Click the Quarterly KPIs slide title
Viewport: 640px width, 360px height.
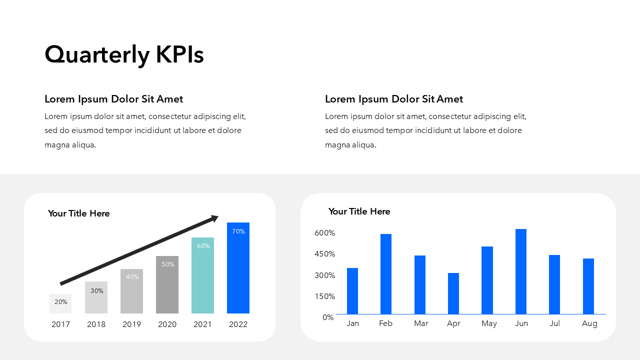pyautogui.click(x=124, y=54)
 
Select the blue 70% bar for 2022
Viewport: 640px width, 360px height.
pyautogui.click(x=238, y=270)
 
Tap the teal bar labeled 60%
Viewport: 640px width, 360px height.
pyautogui.click(x=202, y=277)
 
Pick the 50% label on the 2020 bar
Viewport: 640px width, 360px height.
pyautogui.click(x=168, y=264)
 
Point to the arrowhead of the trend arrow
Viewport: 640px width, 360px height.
pyautogui.click(x=215, y=218)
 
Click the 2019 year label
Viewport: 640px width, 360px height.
pyautogui.click(x=132, y=324)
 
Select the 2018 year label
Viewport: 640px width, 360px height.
pyautogui.click(x=96, y=324)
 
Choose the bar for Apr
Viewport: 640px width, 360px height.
pyautogui.click(x=453, y=293)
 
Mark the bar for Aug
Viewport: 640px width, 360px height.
pyautogui.click(x=588, y=286)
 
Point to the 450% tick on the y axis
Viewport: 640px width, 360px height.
pyautogui.click(x=325, y=254)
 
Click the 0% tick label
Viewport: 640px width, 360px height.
pyautogui.click(x=328, y=317)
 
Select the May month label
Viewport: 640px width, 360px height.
pyautogui.click(x=489, y=323)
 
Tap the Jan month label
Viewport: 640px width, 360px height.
pyautogui.click(x=352, y=323)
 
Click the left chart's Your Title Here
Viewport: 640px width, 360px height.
pyautogui.click(x=78, y=213)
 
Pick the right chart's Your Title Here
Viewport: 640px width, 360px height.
pyautogui.click(x=359, y=211)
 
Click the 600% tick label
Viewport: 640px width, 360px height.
pyautogui.click(x=325, y=233)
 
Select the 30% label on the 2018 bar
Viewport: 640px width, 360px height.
pyautogui.click(x=97, y=291)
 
